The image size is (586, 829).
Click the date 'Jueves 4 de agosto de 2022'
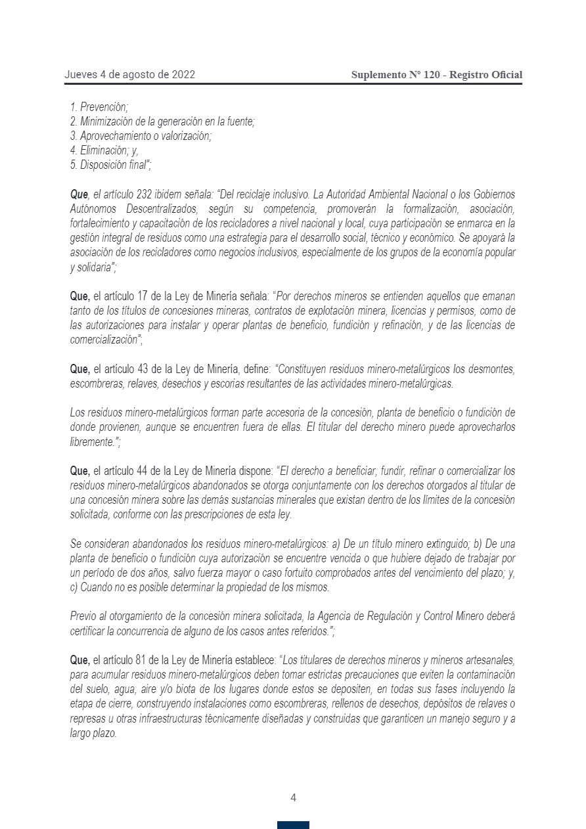(129, 75)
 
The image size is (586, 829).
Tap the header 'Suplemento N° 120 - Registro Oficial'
(437, 75)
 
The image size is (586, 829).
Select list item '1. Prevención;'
(99, 106)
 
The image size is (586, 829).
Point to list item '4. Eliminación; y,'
(104, 150)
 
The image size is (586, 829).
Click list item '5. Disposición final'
(110, 165)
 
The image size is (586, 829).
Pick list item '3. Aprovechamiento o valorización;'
(141, 136)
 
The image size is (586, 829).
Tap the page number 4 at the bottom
(293, 798)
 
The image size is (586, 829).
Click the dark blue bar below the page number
(293, 825)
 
